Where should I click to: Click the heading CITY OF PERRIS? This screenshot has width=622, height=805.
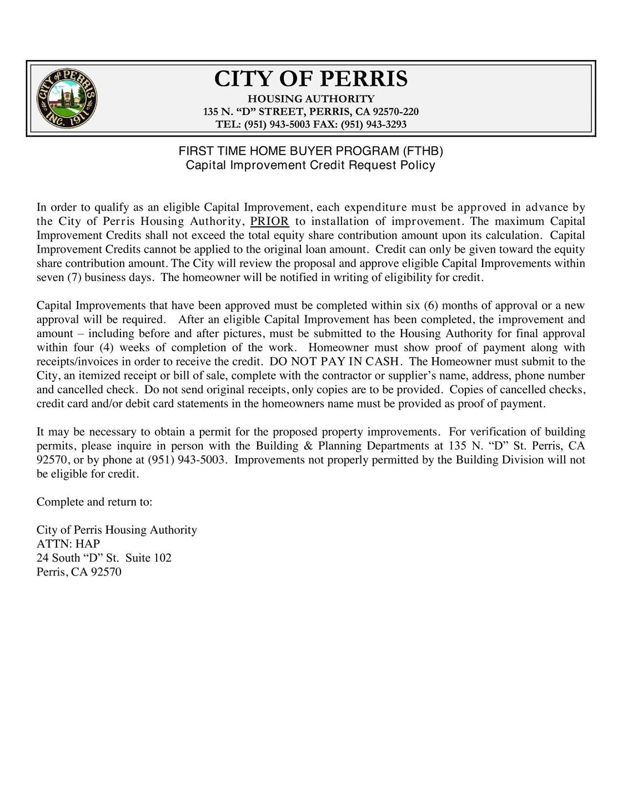click(x=311, y=79)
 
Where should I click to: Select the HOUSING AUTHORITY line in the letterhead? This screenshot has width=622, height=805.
click(x=311, y=99)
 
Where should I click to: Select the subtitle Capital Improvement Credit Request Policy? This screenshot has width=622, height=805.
click(x=310, y=166)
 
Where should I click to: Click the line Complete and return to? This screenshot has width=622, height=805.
click(x=94, y=502)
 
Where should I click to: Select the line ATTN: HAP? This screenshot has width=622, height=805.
click(x=68, y=544)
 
